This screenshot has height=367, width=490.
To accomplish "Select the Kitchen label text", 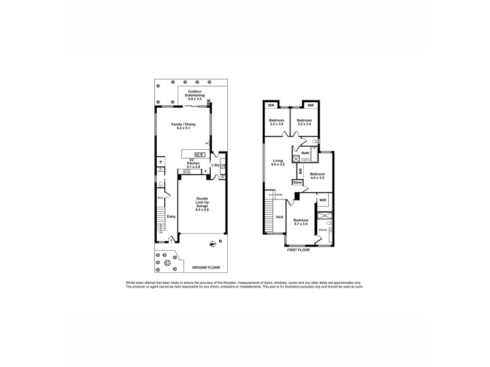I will (194, 165).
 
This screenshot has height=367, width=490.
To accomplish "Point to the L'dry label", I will (215, 166).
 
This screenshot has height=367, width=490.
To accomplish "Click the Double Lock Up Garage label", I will (202, 204).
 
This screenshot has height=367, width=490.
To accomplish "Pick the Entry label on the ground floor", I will (171, 216).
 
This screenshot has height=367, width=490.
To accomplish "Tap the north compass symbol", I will (213, 242).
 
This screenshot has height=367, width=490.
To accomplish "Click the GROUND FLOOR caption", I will (205, 268).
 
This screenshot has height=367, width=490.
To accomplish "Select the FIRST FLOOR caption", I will (299, 250).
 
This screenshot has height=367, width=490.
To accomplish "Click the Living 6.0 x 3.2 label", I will (278, 163).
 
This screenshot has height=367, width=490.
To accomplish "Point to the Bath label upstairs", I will (305, 153).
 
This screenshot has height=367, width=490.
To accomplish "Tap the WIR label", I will (322, 201).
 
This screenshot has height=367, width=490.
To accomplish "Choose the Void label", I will (279, 217).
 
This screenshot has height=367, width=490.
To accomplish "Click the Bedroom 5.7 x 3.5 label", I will (300, 222).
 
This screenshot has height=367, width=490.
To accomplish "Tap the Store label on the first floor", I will (298, 182).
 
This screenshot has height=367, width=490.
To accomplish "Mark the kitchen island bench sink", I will (198, 154).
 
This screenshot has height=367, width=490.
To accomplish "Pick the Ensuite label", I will (323, 230).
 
